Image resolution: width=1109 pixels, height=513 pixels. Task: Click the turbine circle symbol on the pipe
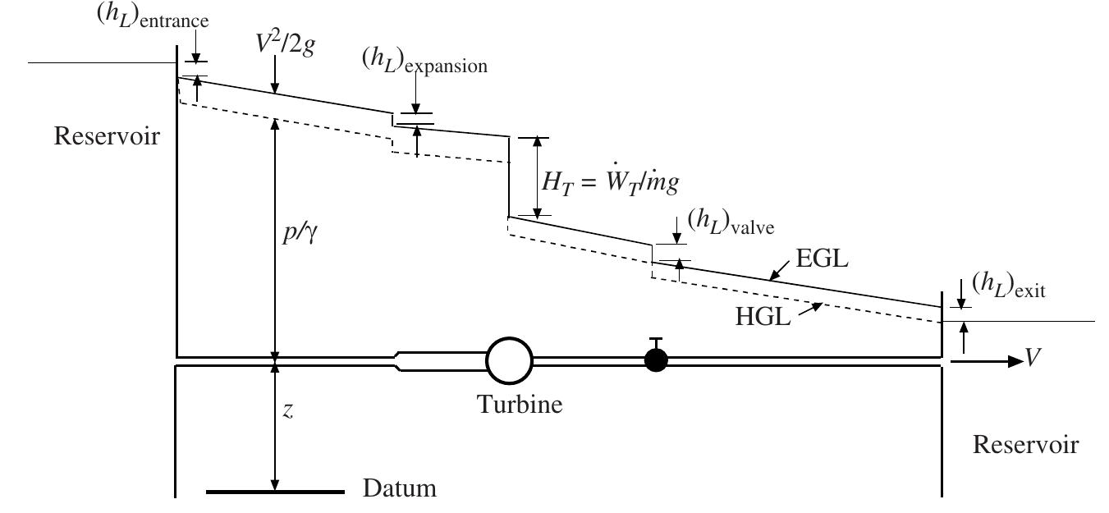(x=509, y=360)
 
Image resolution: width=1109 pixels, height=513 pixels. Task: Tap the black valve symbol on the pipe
(x=655, y=360)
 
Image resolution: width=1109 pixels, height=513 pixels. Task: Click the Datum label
(x=400, y=491)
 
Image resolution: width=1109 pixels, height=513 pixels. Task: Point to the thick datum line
(x=275, y=492)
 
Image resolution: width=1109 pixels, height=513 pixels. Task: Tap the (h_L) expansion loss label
(x=424, y=60)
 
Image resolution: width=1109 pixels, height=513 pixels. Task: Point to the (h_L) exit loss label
(x=1008, y=284)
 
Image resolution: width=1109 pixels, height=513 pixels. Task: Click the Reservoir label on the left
(x=106, y=136)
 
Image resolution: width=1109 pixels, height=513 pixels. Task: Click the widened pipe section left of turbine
(x=439, y=361)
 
